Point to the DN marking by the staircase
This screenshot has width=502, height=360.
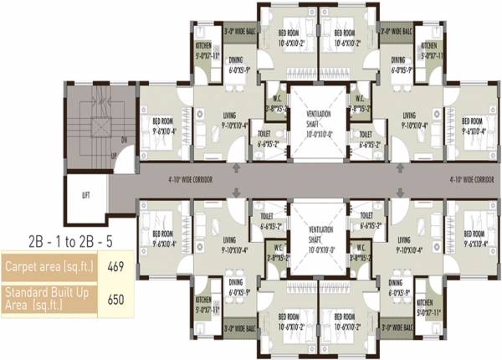[125, 140]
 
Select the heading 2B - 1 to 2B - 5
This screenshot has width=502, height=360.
[57, 240]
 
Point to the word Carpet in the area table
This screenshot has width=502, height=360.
[22, 267]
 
